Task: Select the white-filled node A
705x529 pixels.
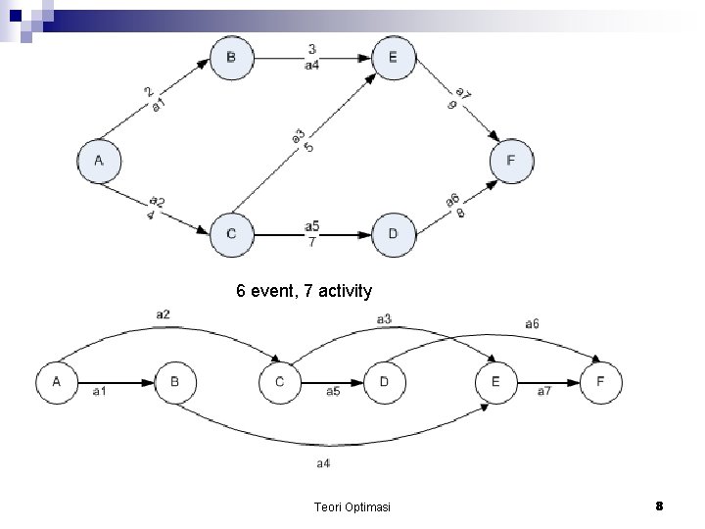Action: tap(58, 383)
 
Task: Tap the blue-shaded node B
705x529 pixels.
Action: tap(231, 58)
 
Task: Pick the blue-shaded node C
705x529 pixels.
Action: tap(231, 233)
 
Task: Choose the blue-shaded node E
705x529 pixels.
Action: tap(393, 58)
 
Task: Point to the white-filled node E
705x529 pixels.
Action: tap(495, 383)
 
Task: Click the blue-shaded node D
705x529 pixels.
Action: tap(393, 233)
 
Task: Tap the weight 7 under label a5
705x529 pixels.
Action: tap(311, 242)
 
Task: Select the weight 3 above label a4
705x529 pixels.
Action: tap(311, 49)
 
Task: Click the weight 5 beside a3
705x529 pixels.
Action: tap(308, 147)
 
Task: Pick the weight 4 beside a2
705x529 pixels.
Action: tap(149, 215)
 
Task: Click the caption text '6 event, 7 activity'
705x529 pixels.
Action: tap(304, 291)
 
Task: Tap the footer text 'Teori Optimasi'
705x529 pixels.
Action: tap(352, 506)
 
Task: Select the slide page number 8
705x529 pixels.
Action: tap(659, 505)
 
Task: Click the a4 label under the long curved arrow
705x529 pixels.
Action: tap(323, 462)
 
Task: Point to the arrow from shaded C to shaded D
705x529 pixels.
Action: tap(311, 234)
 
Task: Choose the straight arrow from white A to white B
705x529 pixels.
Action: tap(116, 383)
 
